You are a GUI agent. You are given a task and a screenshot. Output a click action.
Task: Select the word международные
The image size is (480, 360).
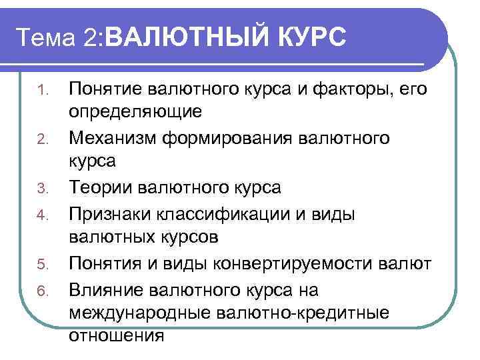point(134,313)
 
